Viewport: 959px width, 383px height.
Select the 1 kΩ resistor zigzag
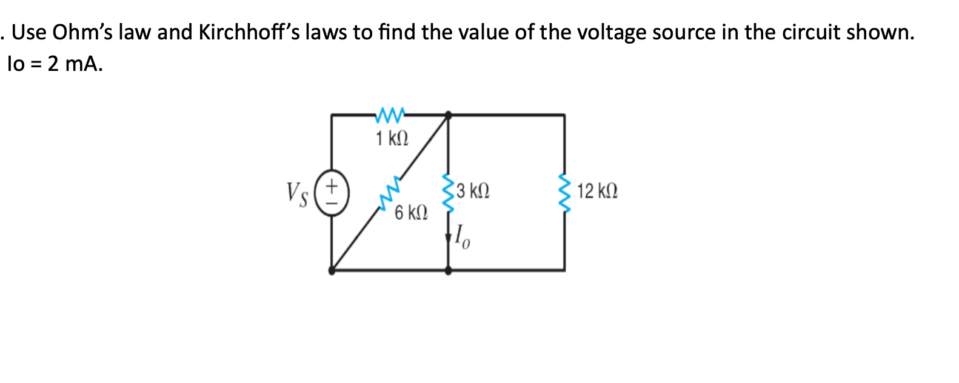tap(390, 114)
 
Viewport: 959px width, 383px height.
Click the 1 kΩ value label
tap(392, 139)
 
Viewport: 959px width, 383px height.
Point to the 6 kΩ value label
tap(411, 213)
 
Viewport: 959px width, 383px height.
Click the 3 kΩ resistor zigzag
tap(448, 193)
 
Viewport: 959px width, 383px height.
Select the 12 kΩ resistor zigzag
tap(565, 193)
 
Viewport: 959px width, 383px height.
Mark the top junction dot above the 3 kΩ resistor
tap(448, 114)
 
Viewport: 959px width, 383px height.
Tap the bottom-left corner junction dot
tap(332, 270)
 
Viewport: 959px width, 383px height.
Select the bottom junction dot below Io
tap(448, 270)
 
